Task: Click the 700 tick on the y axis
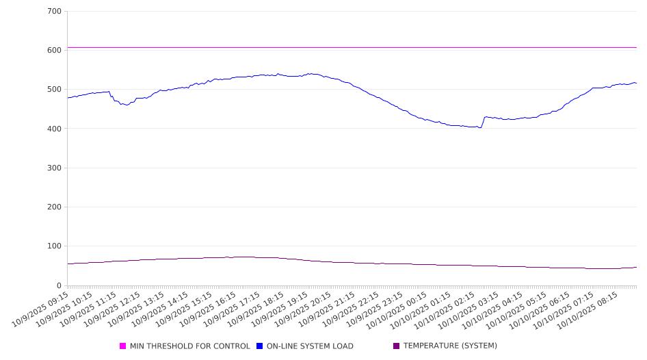(54, 12)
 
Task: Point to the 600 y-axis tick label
(54, 51)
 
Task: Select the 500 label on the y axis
(54, 90)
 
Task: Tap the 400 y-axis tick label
(54, 129)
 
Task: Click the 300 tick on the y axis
(54, 168)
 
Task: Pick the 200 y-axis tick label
(54, 207)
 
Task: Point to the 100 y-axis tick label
(54, 246)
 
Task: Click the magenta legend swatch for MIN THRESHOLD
(123, 346)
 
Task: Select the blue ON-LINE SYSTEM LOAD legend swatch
(260, 346)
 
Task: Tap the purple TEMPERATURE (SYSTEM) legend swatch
(397, 346)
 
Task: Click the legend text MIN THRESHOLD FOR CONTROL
(189, 346)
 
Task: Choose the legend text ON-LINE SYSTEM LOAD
(310, 346)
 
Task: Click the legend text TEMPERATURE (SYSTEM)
(450, 346)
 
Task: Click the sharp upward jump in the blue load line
(483, 122)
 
